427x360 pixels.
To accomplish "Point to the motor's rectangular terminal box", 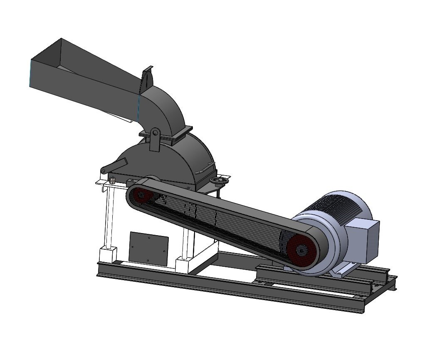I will click(363, 235).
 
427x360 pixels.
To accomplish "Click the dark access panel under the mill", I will click(148, 248).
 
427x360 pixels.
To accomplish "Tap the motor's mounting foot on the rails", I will click(339, 273).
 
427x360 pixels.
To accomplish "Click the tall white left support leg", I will click(110, 216).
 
